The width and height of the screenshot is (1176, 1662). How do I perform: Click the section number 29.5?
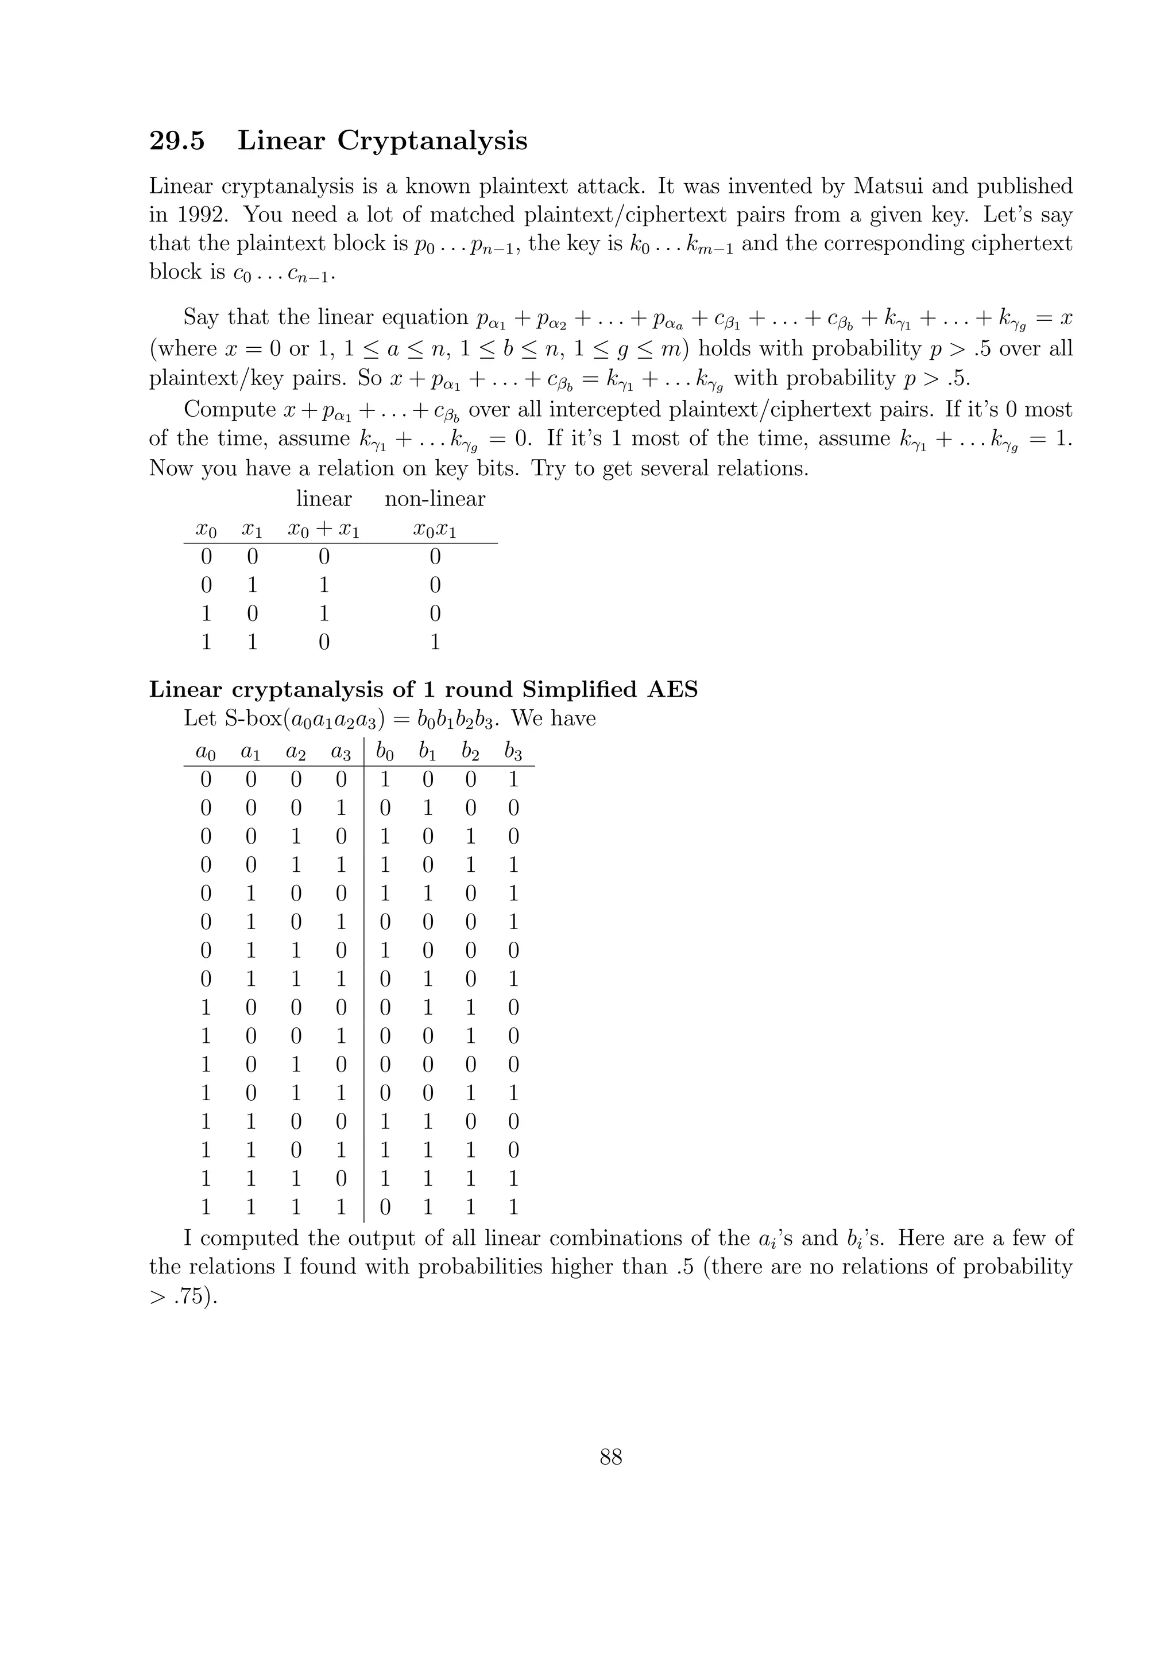pos(177,141)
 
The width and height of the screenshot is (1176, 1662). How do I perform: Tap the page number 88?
pos(610,1457)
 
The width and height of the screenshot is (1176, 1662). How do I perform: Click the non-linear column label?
pos(435,499)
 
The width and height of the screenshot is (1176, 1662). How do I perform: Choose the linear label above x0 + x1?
pos(324,499)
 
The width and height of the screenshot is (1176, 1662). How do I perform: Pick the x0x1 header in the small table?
pos(435,530)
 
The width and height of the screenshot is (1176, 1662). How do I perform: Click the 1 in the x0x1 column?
pos(435,642)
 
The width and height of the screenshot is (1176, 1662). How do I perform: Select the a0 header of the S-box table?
pos(206,753)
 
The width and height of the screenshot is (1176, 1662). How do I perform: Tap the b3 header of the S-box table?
pos(513,753)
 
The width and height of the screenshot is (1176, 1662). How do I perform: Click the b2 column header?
pos(471,753)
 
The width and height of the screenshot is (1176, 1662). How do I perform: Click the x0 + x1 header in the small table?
pos(324,530)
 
